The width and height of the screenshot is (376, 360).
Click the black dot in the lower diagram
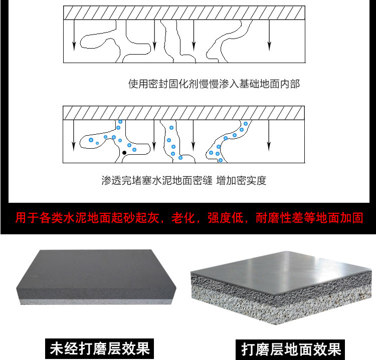[124, 152]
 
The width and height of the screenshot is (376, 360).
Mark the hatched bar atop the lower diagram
[183, 112]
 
